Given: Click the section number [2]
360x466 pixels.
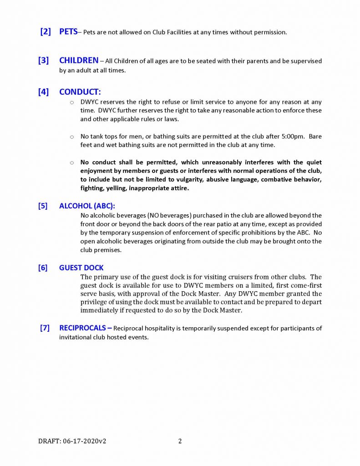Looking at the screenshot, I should (x=45, y=32).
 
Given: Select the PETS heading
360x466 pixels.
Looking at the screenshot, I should (x=68, y=32).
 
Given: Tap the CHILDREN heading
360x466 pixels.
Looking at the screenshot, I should (x=79, y=61).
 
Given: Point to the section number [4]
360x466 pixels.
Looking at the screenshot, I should (x=43, y=92).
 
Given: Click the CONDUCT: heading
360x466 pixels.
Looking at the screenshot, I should (x=80, y=92).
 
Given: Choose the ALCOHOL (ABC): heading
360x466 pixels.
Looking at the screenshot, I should (x=87, y=206).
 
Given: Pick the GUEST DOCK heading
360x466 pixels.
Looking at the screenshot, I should (x=81, y=268).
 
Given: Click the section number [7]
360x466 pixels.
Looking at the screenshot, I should (x=45, y=328).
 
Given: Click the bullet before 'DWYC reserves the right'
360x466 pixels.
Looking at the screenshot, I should (x=72, y=102).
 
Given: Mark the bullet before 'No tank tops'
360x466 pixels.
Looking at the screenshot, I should (x=72, y=137).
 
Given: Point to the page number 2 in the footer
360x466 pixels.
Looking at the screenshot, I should (x=180, y=441).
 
